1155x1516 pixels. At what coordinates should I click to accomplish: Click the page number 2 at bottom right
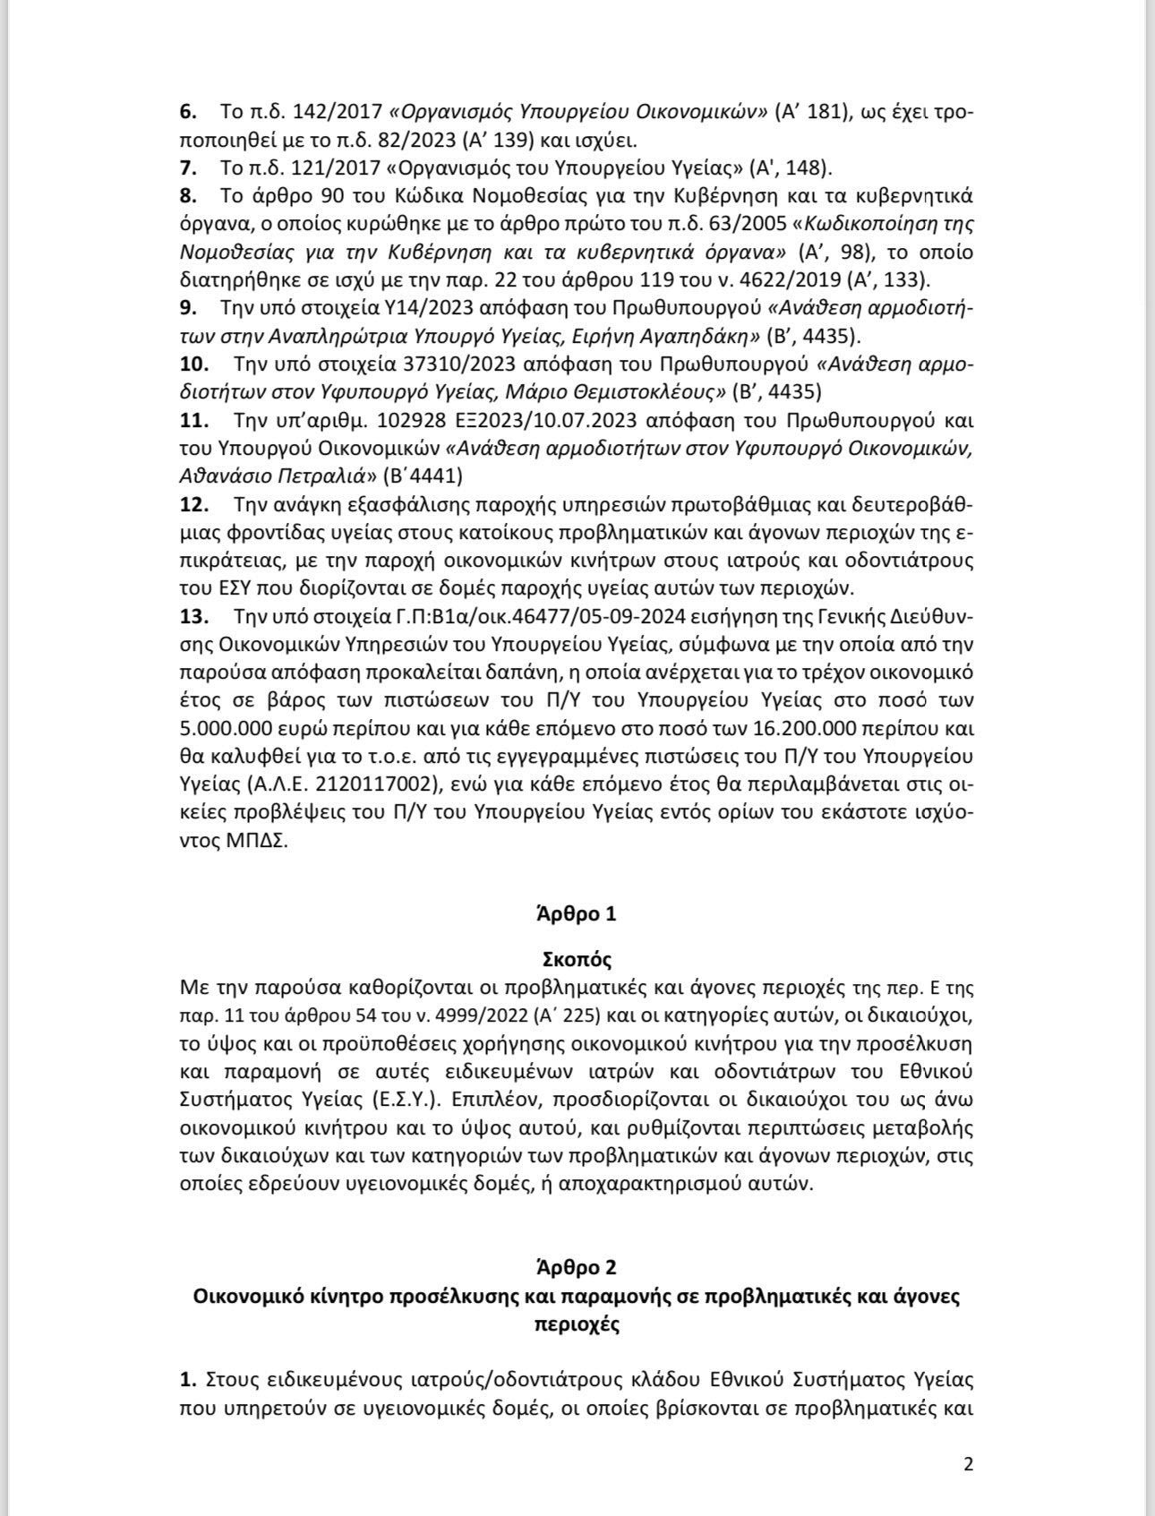968,1464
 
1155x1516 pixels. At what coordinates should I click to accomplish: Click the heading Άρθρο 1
577,914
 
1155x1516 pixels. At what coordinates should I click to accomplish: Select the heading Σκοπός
577,960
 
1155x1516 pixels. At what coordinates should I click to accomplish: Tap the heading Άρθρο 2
577,1267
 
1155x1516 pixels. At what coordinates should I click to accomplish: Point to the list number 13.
194,616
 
